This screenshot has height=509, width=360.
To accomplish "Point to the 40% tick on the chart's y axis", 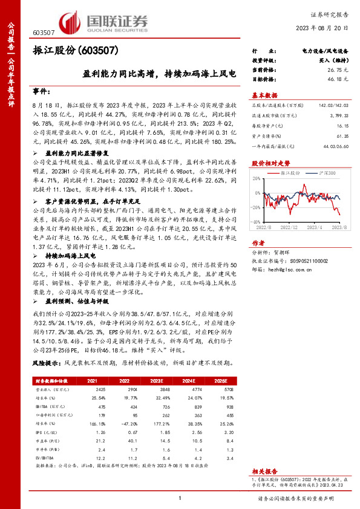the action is (257, 181).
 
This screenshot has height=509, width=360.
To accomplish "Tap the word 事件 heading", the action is (42, 91).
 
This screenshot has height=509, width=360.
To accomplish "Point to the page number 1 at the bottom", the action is (180, 498).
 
